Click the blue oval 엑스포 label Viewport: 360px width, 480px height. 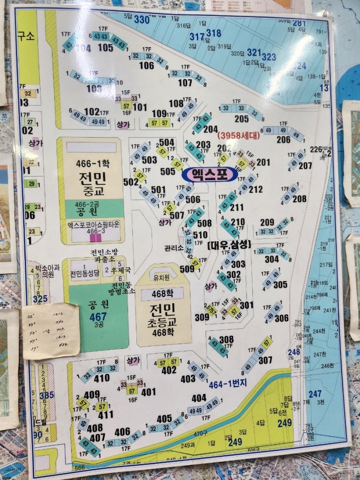[209, 174]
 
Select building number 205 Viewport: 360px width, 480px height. [241, 119]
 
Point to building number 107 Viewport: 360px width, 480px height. [185, 83]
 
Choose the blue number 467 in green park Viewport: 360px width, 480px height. [98, 316]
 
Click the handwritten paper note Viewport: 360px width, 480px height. [51, 331]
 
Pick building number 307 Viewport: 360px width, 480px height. [265, 360]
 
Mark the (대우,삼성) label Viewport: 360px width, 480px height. [229, 245]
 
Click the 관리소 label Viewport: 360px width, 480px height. [174, 248]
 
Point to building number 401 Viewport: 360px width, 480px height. [148, 392]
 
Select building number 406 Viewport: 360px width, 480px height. [122, 432]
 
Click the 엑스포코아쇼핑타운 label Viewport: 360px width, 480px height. [93, 224]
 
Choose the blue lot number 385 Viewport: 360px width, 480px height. [46, 395]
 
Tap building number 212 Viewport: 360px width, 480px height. [256, 189]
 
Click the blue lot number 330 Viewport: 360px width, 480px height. [141, 19]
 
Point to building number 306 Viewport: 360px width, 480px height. [281, 318]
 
